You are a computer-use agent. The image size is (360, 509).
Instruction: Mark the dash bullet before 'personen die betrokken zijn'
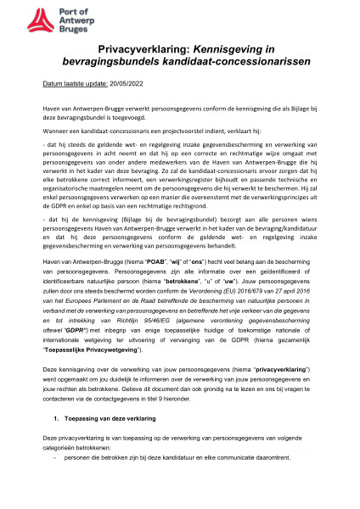click(x=54, y=484)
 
